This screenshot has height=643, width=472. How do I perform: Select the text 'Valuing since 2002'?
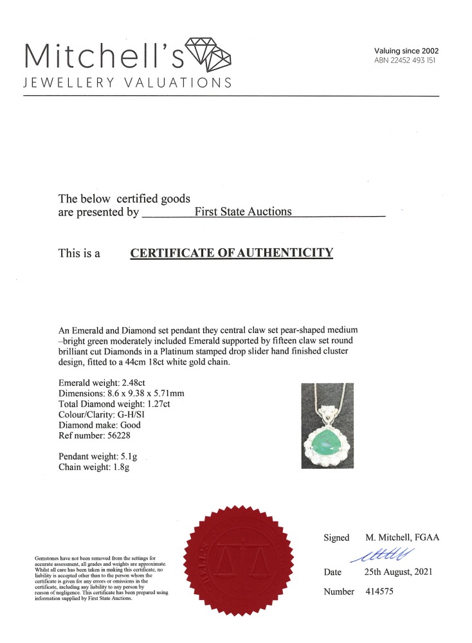(406, 51)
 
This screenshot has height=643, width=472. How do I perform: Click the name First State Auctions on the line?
(242, 212)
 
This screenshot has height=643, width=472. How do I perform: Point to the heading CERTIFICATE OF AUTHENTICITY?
(232, 253)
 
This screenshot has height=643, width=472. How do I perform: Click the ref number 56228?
(126, 435)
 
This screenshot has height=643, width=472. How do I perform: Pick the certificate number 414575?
(376, 592)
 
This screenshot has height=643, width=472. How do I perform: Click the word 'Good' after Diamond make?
(129, 425)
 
